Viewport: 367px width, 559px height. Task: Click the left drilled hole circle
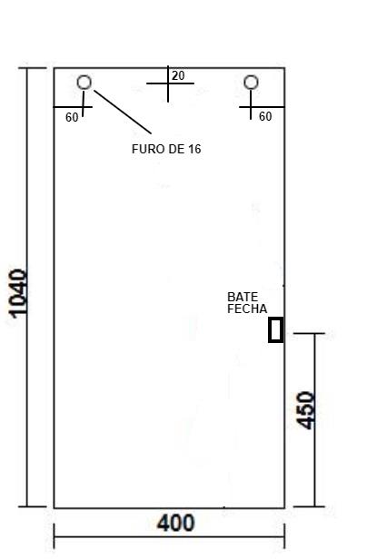tap(84, 76)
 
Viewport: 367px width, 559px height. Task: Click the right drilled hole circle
tap(251, 76)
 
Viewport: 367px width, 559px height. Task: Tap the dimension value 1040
tap(18, 293)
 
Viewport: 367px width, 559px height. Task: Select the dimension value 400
tap(176, 523)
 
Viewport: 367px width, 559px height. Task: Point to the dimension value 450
tap(306, 410)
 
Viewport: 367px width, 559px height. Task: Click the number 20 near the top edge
tap(178, 76)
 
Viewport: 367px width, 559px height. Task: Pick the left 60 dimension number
tap(72, 117)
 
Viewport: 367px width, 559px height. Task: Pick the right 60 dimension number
tap(265, 116)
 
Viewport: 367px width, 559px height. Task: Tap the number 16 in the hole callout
tap(195, 149)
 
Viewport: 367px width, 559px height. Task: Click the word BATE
tap(243, 297)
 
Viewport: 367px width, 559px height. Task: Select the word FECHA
tap(247, 309)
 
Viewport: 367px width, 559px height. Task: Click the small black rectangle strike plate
tap(276, 329)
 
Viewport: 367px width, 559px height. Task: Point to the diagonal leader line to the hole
tap(123, 112)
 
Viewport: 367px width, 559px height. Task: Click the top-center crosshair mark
tap(168, 83)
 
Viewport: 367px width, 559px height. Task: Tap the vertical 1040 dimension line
tap(27, 287)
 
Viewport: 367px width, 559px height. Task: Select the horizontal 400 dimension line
tap(169, 536)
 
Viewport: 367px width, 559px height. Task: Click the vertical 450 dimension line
tap(314, 420)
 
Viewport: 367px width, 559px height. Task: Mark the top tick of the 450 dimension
tap(309, 334)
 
